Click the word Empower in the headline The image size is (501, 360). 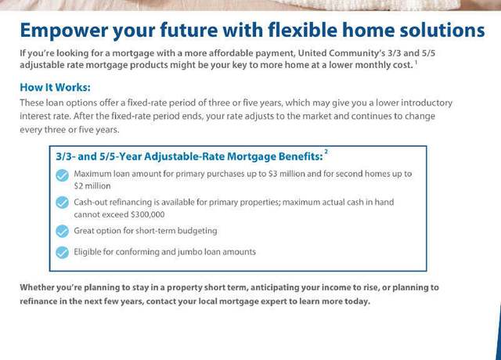point(64,31)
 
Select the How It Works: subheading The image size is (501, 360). point(55,87)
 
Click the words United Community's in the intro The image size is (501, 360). point(341,53)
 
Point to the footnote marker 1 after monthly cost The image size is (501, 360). point(416,62)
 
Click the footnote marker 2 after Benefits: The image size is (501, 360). point(326,151)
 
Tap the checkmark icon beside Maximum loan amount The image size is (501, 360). point(63,175)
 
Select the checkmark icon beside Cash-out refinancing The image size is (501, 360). point(63,203)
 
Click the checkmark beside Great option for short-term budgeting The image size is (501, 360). point(63,232)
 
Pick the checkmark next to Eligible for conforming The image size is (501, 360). point(63,252)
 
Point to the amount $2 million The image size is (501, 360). point(92,186)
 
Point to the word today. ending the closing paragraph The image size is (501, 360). point(357,301)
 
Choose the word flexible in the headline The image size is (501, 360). point(303,30)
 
